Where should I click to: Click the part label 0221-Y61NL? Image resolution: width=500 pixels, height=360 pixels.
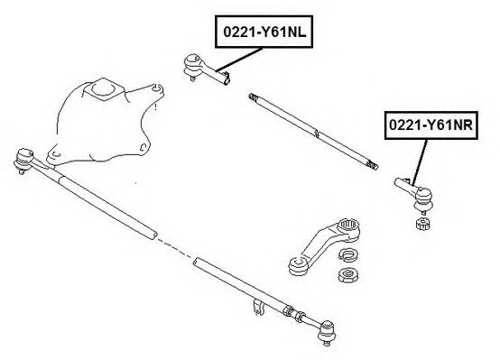[264, 32]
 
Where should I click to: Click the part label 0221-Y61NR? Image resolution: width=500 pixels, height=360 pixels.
[431, 125]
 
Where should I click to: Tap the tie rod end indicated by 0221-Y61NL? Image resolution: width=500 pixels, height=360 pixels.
[204, 69]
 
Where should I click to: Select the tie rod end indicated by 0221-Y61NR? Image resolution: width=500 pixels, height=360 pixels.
[414, 195]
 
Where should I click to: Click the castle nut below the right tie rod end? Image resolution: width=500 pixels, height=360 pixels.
[423, 223]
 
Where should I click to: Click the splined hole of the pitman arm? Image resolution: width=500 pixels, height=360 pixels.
[348, 225]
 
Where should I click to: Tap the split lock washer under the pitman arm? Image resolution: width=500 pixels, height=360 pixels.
[347, 254]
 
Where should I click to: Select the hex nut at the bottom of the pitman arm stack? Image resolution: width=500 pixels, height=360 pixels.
[347, 275]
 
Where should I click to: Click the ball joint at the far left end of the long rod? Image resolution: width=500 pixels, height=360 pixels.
[23, 161]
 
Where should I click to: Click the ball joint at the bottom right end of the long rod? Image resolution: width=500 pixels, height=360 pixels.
[327, 332]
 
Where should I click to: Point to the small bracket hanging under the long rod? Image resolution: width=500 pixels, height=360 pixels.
[259, 307]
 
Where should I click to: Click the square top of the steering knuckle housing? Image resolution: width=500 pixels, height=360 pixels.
[103, 89]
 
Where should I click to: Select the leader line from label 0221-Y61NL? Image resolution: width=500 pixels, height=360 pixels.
[239, 60]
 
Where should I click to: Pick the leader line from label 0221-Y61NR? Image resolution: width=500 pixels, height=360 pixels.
[420, 162]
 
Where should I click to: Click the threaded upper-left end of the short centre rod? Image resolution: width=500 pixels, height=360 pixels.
[253, 97]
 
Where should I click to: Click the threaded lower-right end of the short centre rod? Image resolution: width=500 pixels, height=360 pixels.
[372, 164]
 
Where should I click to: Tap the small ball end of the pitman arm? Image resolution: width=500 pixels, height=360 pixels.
[298, 265]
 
